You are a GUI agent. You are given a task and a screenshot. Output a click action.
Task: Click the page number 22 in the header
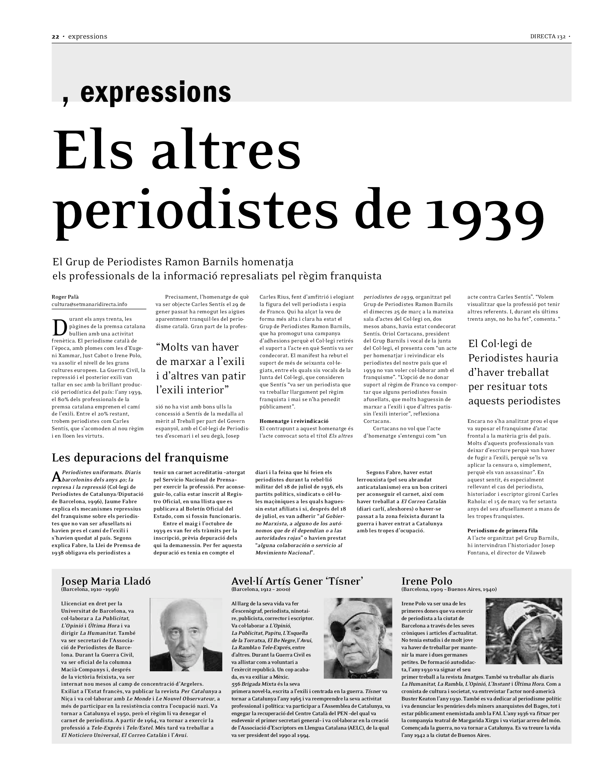pos(55,36)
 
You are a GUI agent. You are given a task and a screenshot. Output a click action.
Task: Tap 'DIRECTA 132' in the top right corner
pos(548,36)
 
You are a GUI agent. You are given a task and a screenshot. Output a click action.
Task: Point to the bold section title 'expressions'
pos(156,92)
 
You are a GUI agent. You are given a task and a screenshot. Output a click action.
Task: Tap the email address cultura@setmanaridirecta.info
pos(90,304)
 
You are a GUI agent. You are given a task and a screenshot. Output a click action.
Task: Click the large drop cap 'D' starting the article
pos(59,328)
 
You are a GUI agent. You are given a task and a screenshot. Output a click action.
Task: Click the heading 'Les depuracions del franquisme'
pos(140,457)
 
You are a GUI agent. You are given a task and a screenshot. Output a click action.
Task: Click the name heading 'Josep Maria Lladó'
pos(106,581)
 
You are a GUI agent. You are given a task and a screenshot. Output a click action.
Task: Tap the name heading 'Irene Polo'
pos(427,581)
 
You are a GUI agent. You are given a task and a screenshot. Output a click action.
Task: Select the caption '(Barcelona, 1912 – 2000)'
pos(261,589)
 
